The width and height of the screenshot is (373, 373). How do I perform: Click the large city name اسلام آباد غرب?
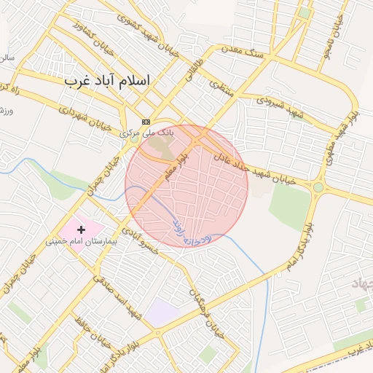pos(107,80)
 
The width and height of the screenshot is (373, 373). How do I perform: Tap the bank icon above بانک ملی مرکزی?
pos(146,122)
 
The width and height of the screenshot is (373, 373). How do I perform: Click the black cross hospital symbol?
pos(82,229)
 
